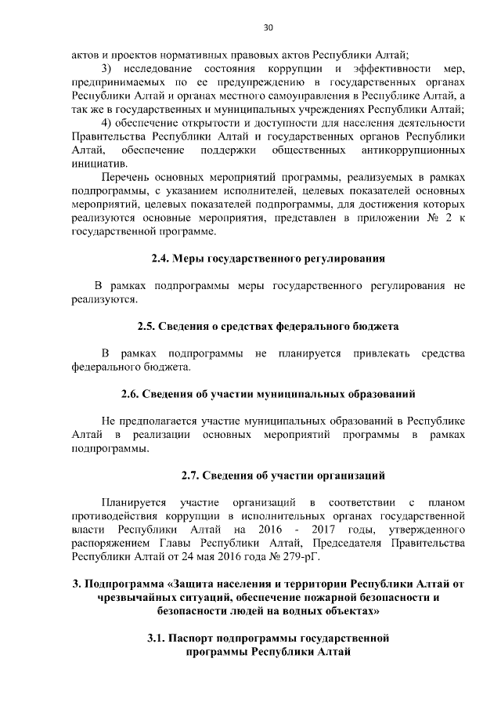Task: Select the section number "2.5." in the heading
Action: click(x=149, y=325)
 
